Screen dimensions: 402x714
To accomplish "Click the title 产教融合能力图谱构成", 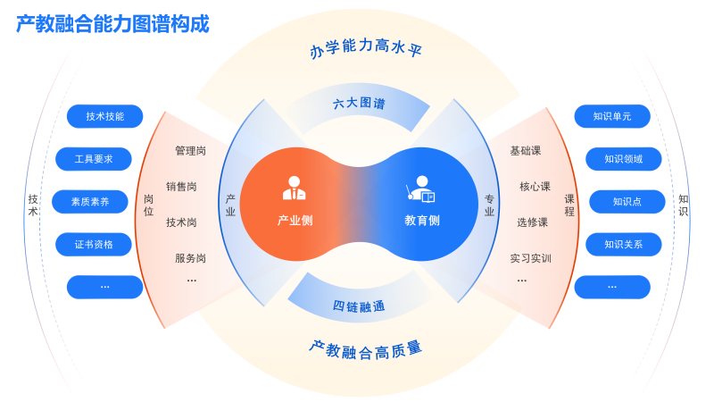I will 112,24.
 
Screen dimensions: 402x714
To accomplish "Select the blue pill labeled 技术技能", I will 105,116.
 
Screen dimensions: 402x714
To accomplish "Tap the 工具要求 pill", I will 94,159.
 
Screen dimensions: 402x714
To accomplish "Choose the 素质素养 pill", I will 90,202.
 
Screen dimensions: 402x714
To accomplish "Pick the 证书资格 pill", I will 94,244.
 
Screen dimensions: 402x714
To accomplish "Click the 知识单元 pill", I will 612,116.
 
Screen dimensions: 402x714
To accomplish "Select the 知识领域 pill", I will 623,159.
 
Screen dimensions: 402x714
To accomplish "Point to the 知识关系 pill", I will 623,244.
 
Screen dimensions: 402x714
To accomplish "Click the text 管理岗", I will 190,151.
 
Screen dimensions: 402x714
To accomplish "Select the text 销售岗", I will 181,187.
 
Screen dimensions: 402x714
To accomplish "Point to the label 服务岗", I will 190,258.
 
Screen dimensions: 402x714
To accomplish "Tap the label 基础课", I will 526,151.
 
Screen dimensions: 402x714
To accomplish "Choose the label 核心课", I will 535,187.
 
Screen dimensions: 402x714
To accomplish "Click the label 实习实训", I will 531,258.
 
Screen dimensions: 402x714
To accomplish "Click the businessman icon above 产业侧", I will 295,188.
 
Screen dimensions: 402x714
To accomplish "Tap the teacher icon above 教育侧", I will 421,188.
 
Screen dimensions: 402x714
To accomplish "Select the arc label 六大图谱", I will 359,104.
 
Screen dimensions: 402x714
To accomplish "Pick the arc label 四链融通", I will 359,306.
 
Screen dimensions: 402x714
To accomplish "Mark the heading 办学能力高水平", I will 366,48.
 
